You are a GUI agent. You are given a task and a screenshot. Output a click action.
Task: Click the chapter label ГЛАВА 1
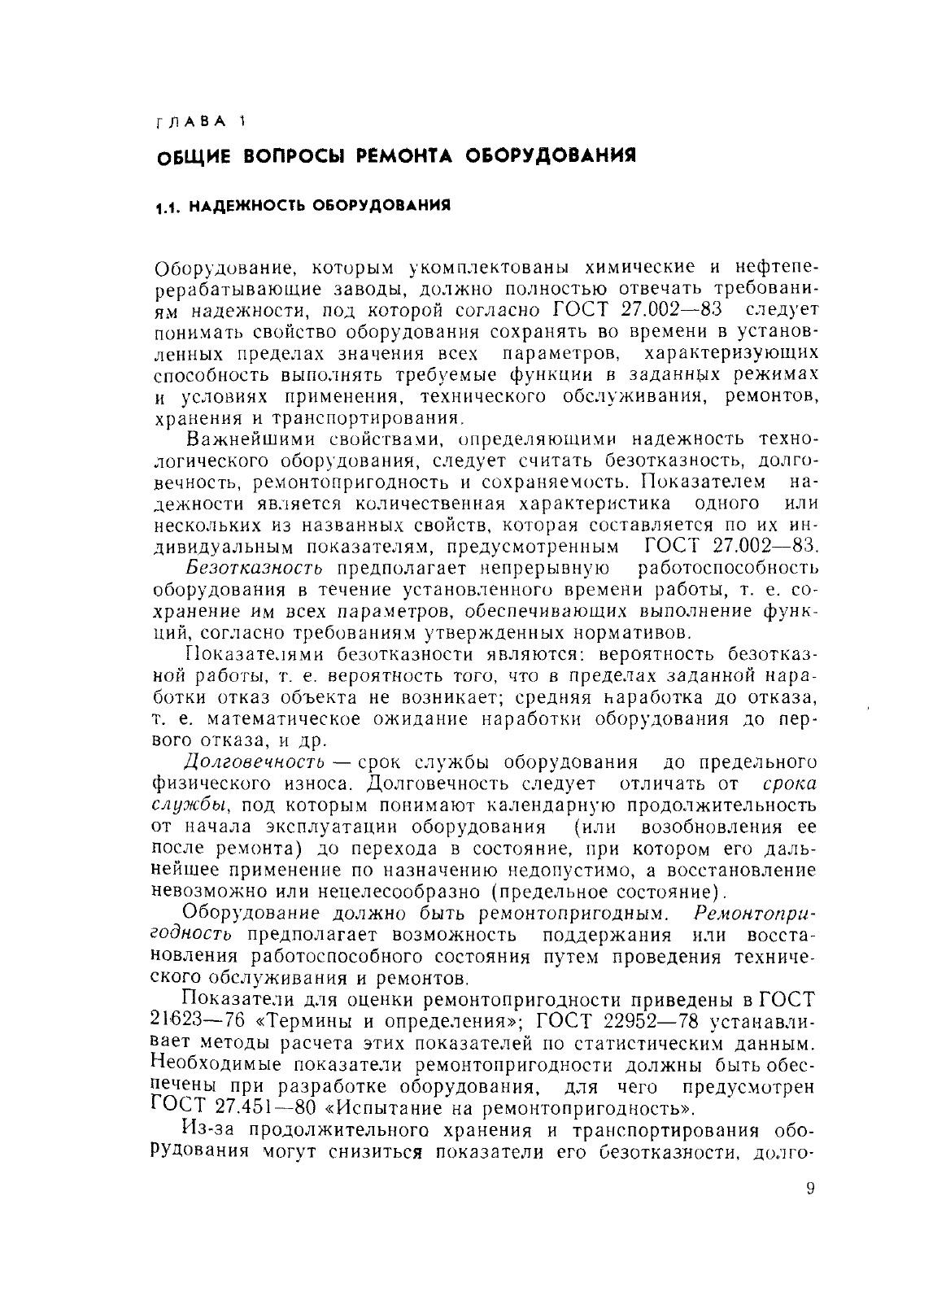[197, 122]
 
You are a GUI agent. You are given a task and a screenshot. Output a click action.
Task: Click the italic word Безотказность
[255, 566]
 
